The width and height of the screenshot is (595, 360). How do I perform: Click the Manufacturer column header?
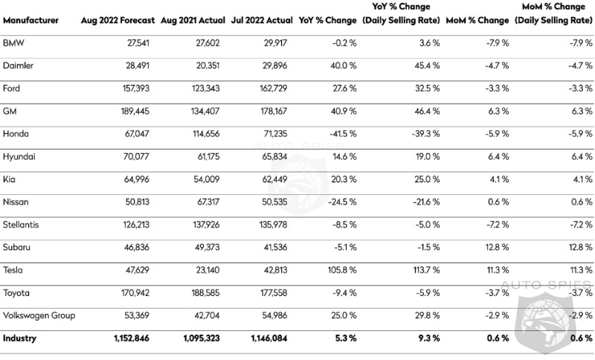(x=30, y=20)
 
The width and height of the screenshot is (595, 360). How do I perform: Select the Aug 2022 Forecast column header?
(x=118, y=20)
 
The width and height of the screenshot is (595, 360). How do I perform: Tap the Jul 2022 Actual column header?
(x=262, y=20)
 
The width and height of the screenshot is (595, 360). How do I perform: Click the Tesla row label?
(x=13, y=270)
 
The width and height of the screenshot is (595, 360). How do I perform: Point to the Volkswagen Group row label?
(x=39, y=315)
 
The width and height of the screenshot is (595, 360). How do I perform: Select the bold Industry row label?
(x=20, y=338)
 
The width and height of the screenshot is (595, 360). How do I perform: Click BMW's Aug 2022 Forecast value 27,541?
(x=138, y=43)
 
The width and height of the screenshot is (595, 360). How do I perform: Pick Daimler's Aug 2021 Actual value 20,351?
(x=208, y=65)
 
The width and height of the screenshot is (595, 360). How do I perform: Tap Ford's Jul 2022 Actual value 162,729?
(x=274, y=89)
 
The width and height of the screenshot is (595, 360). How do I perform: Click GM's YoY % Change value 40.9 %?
(x=344, y=111)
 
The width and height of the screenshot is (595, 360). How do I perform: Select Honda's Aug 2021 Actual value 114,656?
(x=206, y=134)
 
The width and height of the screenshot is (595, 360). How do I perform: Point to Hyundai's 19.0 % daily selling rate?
(x=428, y=157)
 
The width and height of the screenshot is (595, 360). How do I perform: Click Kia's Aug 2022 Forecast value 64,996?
(x=137, y=179)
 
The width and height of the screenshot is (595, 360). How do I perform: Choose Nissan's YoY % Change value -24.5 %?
(x=342, y=202)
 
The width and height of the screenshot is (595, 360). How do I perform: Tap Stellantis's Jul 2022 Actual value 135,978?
(x=274, y=225)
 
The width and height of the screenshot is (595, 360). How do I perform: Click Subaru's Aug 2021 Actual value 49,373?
(x=208, y=248)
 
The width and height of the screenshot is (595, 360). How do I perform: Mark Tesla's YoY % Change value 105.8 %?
(x=342, y=270)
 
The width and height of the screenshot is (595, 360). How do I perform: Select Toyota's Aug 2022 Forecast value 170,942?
(x=135, y=293)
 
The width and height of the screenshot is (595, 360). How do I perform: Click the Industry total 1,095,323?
(x=202, y=338)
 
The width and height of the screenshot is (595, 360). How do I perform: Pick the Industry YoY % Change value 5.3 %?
(x=346, y=338)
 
